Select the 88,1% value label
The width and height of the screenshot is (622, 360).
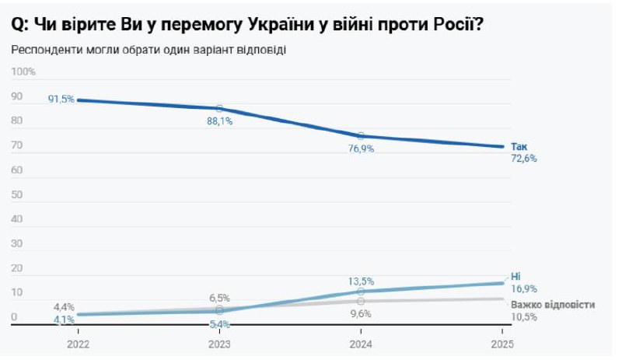point(220,121)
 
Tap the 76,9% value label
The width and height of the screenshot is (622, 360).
point(362,149)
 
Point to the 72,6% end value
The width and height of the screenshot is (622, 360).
point(524,158)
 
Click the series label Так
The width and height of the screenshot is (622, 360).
point(519,146)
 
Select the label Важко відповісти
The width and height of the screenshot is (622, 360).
point(553,305)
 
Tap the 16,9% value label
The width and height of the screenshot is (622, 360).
point(524,288)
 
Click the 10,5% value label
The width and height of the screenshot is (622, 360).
point(524,316)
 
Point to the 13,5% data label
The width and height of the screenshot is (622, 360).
point(362,281)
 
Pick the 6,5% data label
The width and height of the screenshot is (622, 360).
point(219,298)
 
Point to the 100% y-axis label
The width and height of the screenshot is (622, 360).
point(24,72)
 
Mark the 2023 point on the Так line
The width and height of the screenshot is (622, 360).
point(219,109)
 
